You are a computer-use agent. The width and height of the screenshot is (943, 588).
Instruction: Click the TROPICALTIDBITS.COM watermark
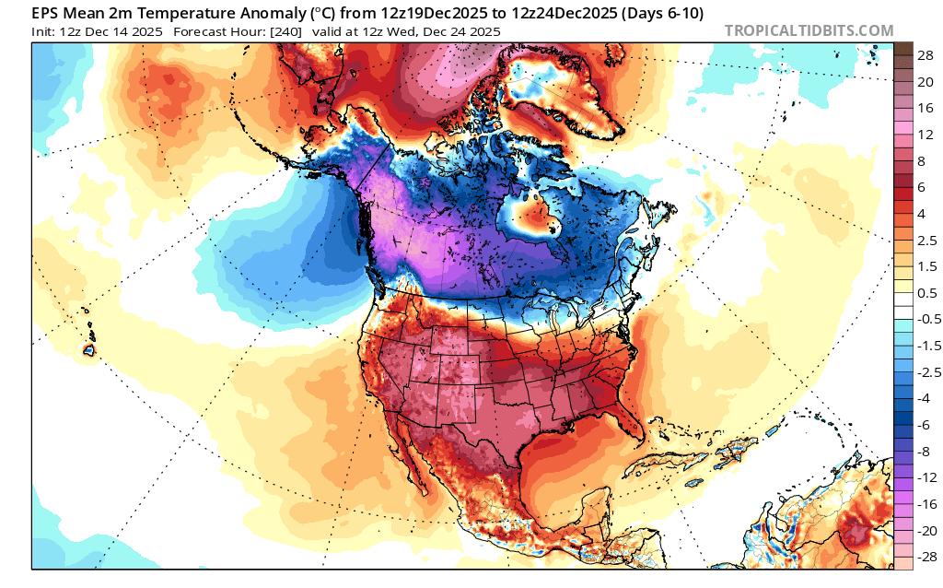tap(809, 30)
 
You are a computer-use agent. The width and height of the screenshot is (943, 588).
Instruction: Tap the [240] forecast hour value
tap(298, 31)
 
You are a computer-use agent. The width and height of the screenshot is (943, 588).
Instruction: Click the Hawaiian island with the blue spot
tap(89, 350)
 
